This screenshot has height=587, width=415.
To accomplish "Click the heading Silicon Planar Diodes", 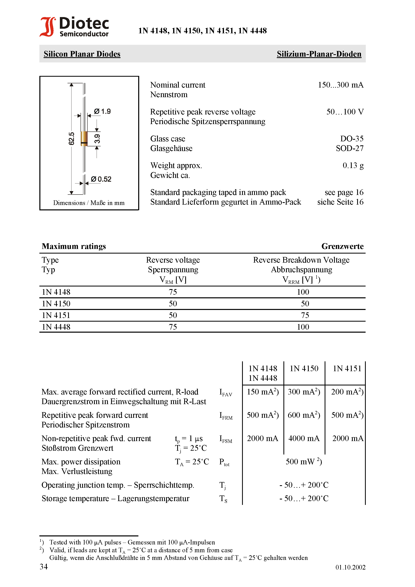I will tap(82, 54).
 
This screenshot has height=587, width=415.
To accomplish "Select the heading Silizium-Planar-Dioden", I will tap(319, 54).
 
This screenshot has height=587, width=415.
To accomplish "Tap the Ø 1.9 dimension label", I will tap(102, 111).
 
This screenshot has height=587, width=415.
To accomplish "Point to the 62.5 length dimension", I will tap(71, 139).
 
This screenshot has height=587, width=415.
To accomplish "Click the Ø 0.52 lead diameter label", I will tap(101, 179).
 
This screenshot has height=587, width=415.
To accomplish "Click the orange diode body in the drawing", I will tap(84, 138).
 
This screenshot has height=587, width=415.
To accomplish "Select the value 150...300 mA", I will tap(340, 85).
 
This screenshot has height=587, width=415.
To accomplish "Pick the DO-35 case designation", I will tap(352, 139).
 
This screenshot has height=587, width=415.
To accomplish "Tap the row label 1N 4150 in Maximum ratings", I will tap(56, 304).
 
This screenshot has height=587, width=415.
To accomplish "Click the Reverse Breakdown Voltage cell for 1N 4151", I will tap(305, 315).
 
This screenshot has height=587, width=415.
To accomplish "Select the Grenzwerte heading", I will tap(342, 246).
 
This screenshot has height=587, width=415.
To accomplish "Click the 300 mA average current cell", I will tap(304, 392).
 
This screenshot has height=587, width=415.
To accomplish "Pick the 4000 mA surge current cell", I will tap(304, 438).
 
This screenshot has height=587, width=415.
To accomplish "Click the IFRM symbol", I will tap(226, 415).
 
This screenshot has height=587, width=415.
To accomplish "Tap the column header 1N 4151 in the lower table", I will tap(347, 368).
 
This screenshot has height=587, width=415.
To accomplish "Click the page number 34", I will tap(44, 567).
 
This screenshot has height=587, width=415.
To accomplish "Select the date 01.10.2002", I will tap(350, 567).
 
